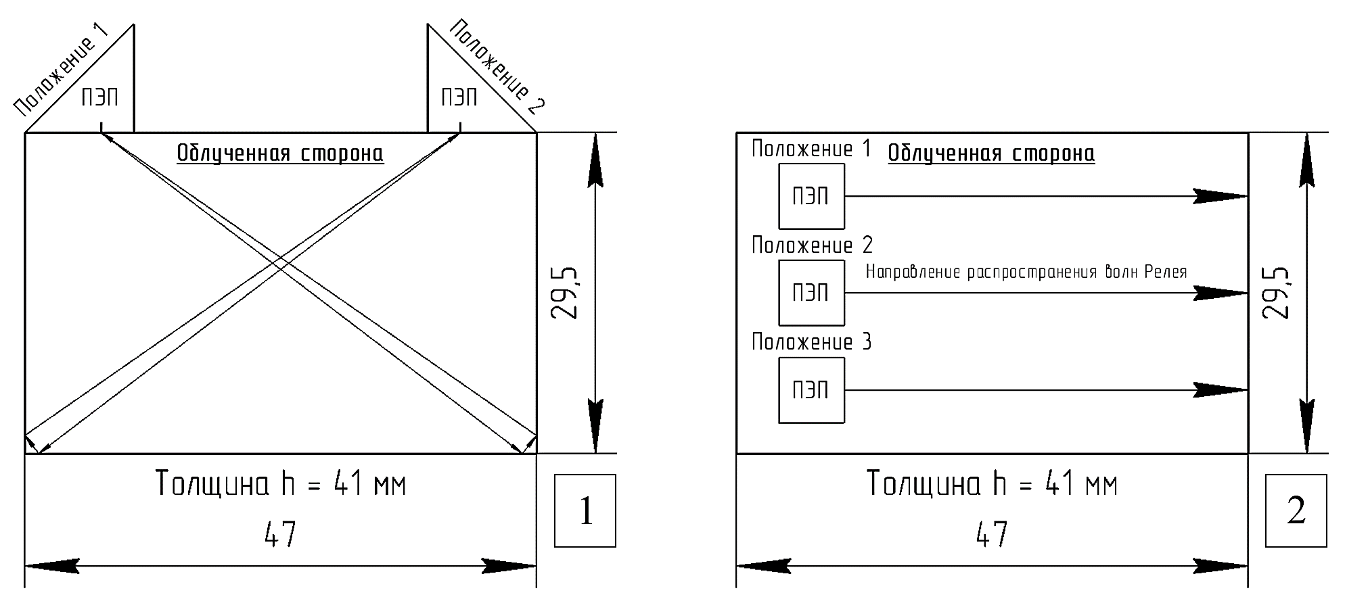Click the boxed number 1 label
point(585,510)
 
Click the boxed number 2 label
point(1296,510)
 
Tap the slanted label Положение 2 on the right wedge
point(497,67)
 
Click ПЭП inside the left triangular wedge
point(99,97)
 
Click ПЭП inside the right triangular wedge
point(459,97)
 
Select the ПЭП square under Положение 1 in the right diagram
point(811,196)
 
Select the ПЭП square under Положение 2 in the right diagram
point(811,293)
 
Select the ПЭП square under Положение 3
point(811,390)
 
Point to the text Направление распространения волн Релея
point(1026,272)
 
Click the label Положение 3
point(811,342)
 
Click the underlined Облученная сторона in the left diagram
point(280,153)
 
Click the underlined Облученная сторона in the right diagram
point(990,153)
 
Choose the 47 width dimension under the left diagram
point(280,535)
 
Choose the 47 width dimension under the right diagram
point(991,535)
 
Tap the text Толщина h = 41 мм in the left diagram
point(280,484)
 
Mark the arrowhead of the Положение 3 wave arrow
point(1221,390)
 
